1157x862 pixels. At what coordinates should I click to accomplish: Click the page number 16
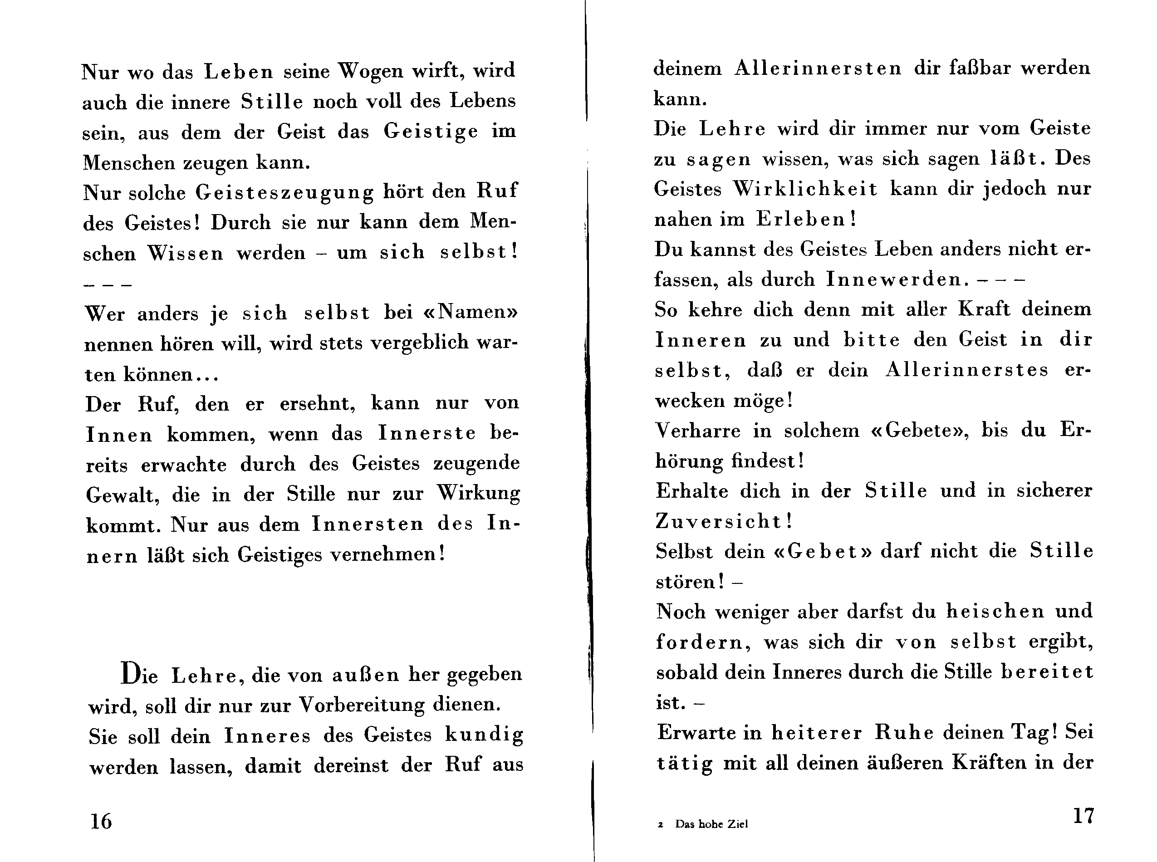point(101,821)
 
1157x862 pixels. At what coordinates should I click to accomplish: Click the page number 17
point(1083,816)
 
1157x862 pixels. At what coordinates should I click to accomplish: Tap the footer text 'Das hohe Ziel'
point(711,824)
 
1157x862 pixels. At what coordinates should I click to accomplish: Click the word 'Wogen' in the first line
point(371,70)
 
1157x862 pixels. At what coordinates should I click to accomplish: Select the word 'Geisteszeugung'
point(285,192)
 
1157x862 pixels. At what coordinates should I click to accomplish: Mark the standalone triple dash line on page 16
point(108,285)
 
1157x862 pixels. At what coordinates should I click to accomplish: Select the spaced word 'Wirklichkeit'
point(805,189)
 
